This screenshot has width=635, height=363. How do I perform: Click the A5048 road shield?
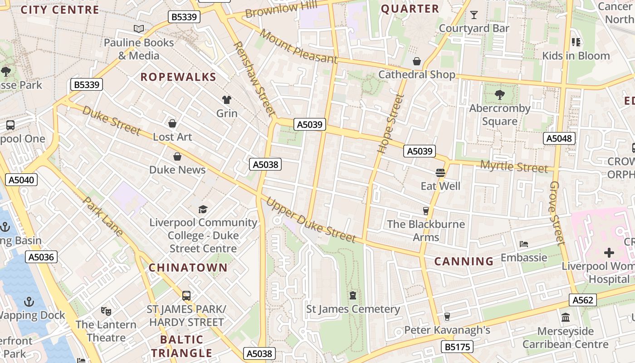click(559, 138)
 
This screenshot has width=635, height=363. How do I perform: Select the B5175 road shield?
click(457, 347)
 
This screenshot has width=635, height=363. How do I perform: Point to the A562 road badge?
click(583, 300)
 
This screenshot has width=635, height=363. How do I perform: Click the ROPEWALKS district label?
click(178, 77)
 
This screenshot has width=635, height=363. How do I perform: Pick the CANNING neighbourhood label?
click(464, 261)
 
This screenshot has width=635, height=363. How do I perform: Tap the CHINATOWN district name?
click(188, 268)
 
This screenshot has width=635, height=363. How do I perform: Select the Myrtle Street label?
click(514, 167)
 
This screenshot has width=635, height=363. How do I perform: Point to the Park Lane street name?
click(103, 216)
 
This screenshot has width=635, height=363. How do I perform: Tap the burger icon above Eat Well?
click(440, 173)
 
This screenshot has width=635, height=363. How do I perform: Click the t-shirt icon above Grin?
click(226, 100)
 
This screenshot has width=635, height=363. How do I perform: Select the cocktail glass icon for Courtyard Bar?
click(474, 15)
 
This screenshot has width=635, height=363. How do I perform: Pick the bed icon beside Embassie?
click(524, 244)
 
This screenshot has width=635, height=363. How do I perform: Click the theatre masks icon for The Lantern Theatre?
click(106, 311)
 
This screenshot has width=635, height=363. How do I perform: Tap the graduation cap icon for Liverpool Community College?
click(203, 209)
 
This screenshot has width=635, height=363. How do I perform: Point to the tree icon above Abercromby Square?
click(499, 95)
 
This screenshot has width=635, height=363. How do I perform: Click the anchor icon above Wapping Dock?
click(29, 301)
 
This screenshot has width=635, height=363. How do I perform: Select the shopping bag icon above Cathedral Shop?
click(416, 61)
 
